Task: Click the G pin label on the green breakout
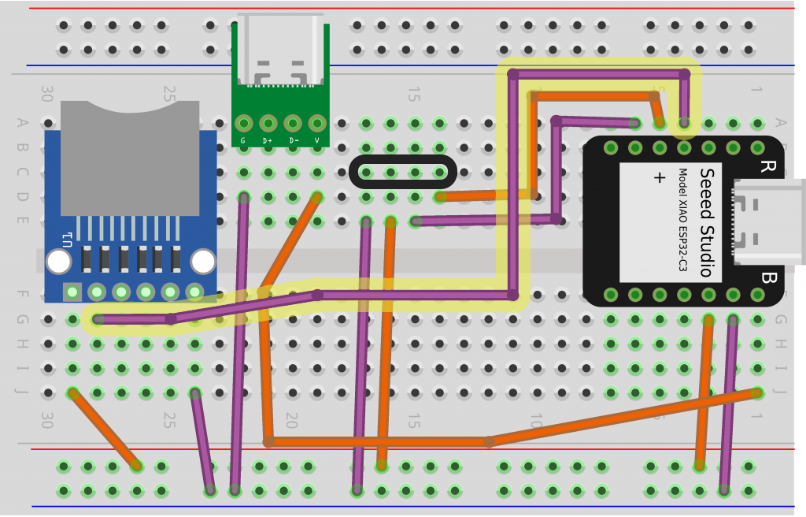pos(243,141)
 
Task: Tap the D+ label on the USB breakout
pos(268,141)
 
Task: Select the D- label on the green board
pos(293,141)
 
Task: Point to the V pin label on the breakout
pos(317,141)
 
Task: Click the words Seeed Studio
pos(706,222)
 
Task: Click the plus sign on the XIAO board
pos(660,178)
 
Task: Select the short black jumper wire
pos(402,172)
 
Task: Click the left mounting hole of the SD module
pos(58,261)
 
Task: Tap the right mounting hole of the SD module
pos(203,261)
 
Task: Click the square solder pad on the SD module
pos(72,292)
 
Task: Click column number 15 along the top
pos(412,95)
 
